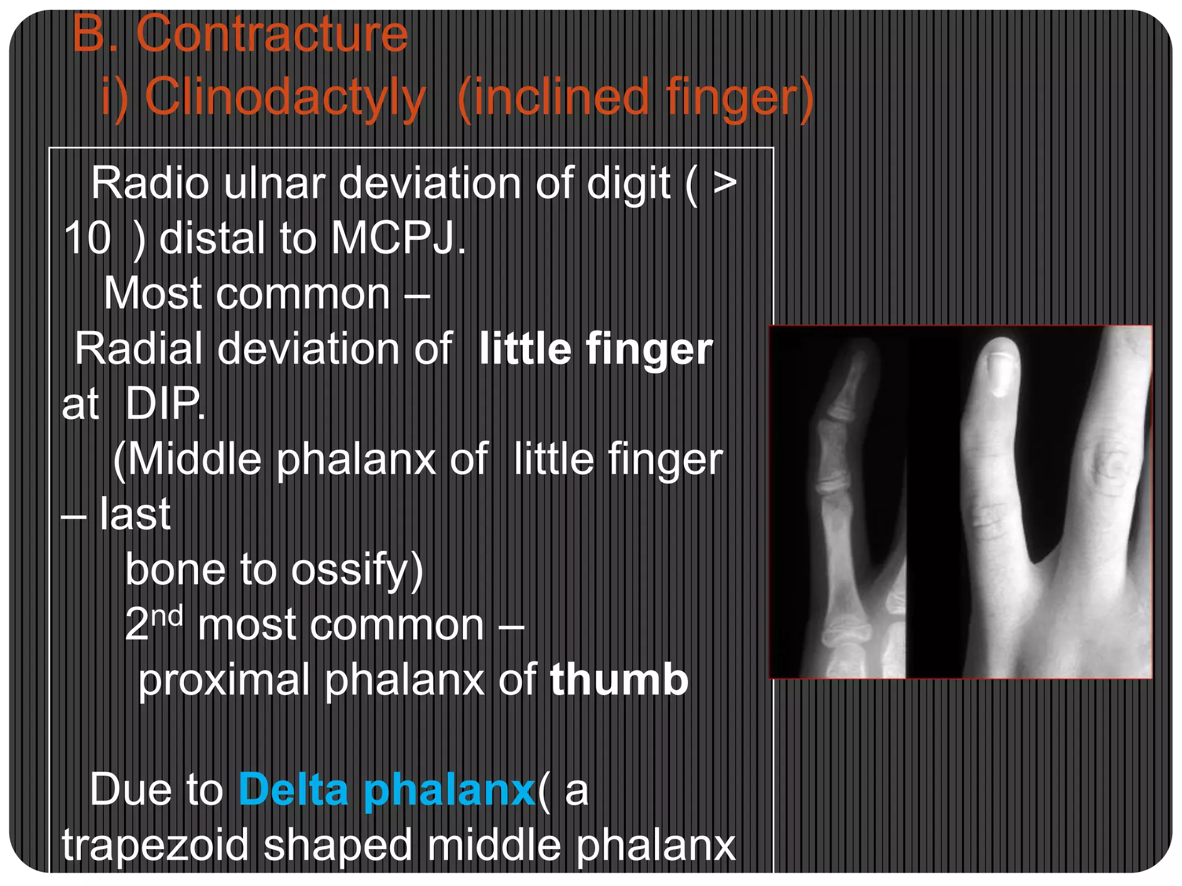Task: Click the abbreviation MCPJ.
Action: click(x=398, y=238)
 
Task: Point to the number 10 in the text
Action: click(x=87, y=238)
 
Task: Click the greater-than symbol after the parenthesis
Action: click(x=724, y=183)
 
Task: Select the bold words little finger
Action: click(x=596, y=349)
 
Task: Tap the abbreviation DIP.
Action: click(x=164, y=404)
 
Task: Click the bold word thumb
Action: click(x=619, y=679)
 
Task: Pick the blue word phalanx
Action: click(x=450, y=790)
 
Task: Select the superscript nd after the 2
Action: click(x=168, y=617)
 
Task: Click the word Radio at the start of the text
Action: click(x=149, y=183)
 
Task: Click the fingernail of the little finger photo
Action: click(x=1003, y=372)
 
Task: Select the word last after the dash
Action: click(x=135, y=514)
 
